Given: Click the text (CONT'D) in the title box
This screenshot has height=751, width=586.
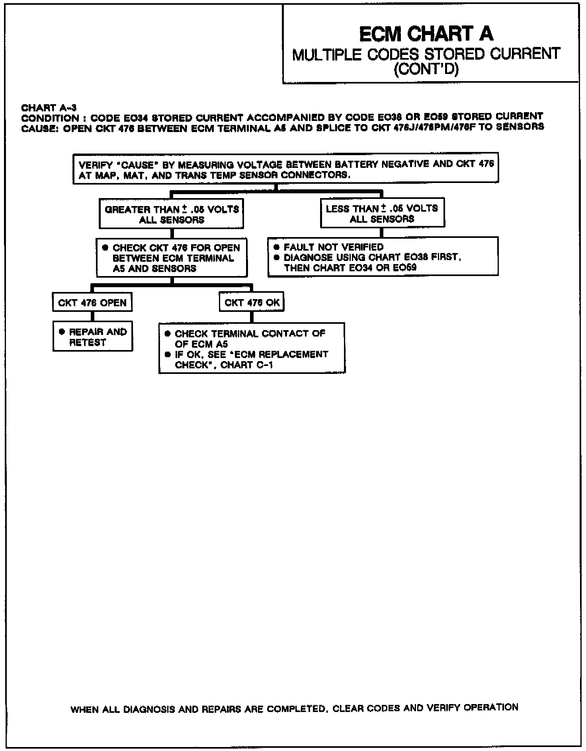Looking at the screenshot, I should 426,70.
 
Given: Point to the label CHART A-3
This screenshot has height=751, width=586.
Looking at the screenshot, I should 49,108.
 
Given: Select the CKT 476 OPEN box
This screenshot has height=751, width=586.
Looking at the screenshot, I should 92,303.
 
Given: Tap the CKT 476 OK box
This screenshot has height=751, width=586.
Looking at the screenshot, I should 252,303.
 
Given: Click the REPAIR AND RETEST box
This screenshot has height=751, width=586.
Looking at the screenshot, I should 93,337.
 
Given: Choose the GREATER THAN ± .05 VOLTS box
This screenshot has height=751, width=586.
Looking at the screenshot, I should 172,214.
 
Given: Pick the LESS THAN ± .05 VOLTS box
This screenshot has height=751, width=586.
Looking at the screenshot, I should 382,214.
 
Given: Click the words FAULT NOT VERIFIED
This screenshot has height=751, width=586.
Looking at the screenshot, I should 334,247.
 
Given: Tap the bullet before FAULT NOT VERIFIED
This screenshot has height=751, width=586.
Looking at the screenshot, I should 277,247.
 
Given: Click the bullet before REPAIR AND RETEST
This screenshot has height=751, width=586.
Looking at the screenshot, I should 62,332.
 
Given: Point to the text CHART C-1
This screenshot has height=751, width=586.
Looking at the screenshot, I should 246,365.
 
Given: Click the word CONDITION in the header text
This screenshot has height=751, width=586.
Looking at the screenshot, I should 50,118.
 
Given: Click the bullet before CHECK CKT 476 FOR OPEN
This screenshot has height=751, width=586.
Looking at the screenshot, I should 105,247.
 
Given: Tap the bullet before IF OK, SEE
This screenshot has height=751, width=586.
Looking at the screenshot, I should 168,354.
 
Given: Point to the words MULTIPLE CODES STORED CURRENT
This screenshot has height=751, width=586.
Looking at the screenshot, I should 426,54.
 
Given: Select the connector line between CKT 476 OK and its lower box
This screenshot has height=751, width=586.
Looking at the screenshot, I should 252,317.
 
